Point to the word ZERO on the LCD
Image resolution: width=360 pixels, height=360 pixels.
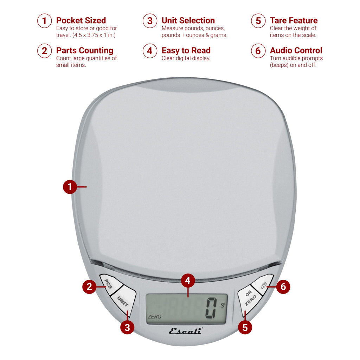[x=155, y=317]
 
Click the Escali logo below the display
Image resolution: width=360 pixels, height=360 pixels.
[x=186, y=331]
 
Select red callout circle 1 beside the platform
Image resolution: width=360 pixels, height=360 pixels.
[x=70, y=187]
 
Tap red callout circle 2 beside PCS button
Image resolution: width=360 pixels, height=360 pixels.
[x=89, y=287]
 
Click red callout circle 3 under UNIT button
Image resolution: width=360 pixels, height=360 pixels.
[x=127, y=328]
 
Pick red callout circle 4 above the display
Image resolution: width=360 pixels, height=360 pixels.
[x=188, y=281]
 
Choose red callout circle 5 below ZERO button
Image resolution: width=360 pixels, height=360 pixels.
[x=245, y=328]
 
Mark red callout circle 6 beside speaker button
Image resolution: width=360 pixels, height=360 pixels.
[x=283, y=287]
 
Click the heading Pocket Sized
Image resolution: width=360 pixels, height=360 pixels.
[x=81, y=20]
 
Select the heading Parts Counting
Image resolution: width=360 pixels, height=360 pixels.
[x=85, y=51]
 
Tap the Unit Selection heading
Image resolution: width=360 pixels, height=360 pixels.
[x=188, y=20]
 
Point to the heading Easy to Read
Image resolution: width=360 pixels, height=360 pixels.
[x=186, y=51]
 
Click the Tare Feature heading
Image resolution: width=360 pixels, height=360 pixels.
[x=294, y=20]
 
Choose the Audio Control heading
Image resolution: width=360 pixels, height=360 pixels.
[x=296, y=51]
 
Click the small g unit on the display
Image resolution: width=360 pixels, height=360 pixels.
[x=222, y=305]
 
